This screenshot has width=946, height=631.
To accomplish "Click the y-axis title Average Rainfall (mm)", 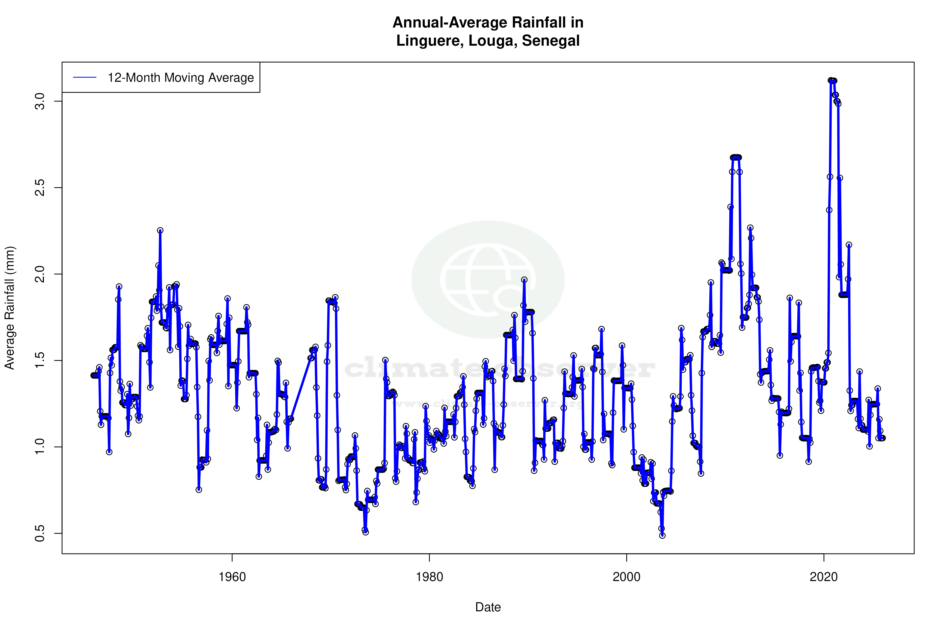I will click(x=10, y=308).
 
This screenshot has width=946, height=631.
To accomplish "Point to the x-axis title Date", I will click(x=488, y=607).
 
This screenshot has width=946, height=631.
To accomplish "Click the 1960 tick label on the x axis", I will click(x=232, y=577).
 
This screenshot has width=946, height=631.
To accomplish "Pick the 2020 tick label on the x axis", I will click(x=823, y=577).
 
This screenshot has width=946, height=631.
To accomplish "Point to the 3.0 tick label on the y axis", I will click(x=39, y=101).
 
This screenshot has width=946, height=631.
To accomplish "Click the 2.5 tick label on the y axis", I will click(x=39, y=188).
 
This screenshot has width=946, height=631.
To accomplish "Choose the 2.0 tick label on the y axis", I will click(x=39, y=274).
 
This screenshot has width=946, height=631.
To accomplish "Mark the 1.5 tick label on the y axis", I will click(x=39, y=361).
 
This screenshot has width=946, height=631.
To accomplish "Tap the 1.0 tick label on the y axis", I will click(x=39, y=447).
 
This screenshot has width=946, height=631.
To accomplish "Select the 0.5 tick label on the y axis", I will click(x=39, y=533).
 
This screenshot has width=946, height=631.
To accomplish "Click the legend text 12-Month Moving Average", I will click(x=181, y=78).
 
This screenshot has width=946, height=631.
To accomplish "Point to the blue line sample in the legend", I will click(x=85, y=78).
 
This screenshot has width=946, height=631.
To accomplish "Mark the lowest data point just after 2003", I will click(x=662, y=536).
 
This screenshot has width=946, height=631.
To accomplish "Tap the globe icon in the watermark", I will click(x=488, y=279).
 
